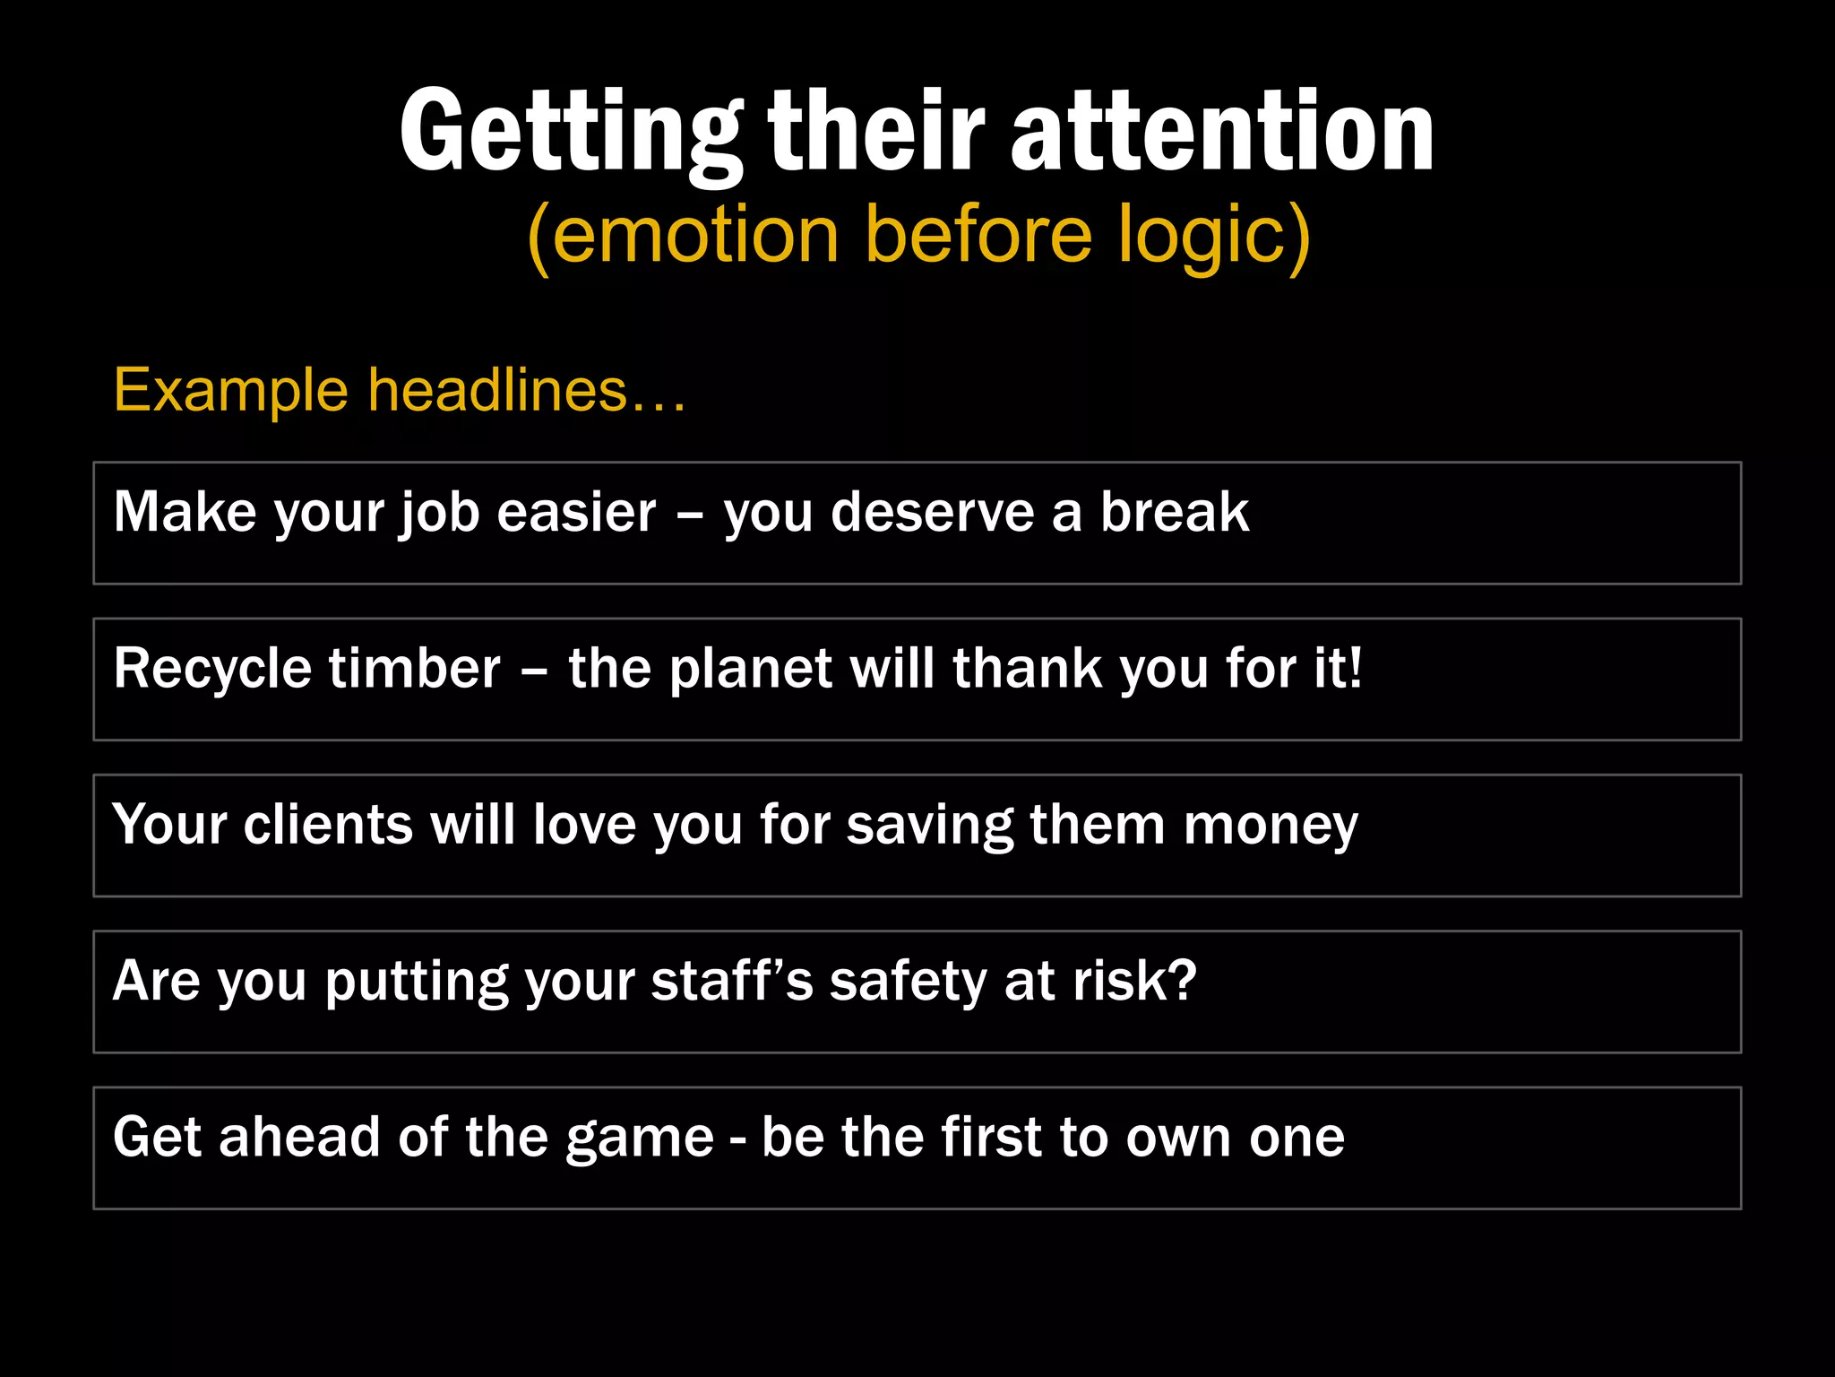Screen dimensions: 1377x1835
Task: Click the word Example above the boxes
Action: tap(230, 392)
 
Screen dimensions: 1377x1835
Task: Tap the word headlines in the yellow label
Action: tap(497, 392)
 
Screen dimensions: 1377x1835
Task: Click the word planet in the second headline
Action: tap(751, 670)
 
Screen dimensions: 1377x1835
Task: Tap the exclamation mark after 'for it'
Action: tap(1354, 668)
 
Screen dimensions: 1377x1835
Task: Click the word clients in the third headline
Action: tap(328, 825)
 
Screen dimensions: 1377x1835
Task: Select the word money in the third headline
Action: tap(1271, 827)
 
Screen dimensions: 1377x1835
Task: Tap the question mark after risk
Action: tap(1183, 981)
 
